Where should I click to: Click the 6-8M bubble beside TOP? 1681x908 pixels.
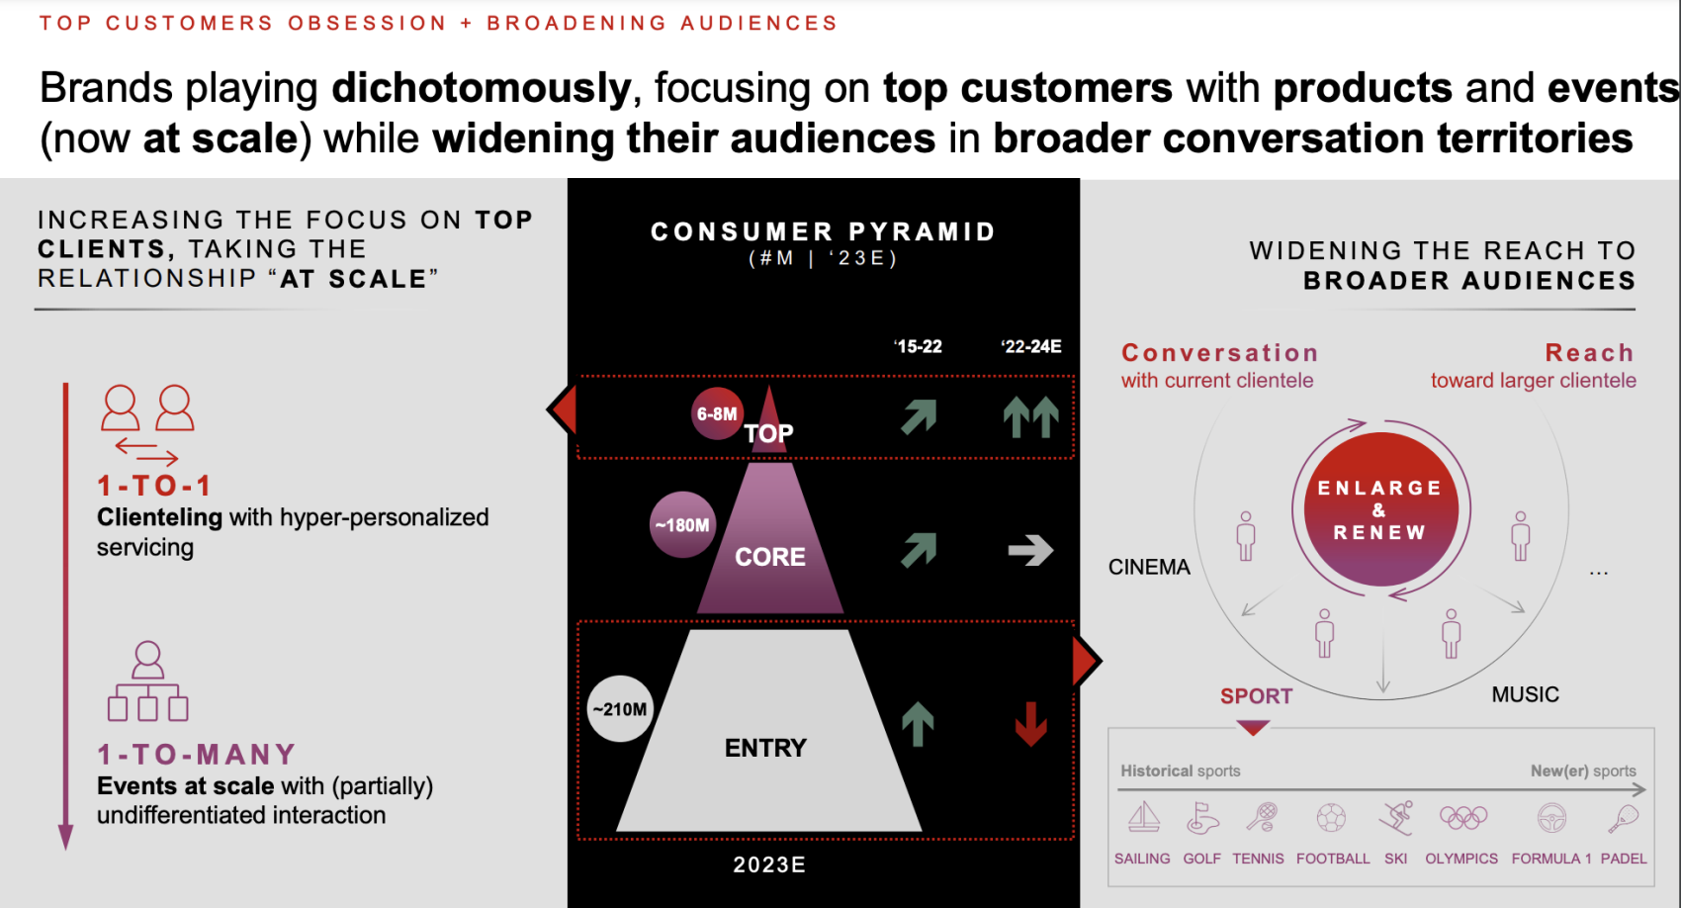pos(717,413)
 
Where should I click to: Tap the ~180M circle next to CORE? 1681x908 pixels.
pos(682,524)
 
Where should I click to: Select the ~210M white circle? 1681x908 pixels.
pos(620,709)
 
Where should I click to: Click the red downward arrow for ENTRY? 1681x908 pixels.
pos(1031,724)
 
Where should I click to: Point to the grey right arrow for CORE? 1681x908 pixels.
pos(1030,550)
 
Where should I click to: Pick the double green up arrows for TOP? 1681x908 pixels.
pos(1031,417)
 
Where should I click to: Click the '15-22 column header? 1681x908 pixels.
pos(918,347)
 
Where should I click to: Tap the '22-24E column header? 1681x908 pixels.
pos(1031,347)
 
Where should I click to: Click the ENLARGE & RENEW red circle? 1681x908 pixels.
pos(1380,509)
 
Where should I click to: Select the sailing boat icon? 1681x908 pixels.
pos(1144,818)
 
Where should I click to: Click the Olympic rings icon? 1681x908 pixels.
pos(1463,818)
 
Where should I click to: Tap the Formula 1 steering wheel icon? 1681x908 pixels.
pos(1551,818)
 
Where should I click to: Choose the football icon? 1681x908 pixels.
pos(1331,818)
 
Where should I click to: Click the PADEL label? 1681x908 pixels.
pos(1624,859)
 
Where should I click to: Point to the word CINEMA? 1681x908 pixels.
pos(1149,568)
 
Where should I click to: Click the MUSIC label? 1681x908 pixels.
pos(1525,695)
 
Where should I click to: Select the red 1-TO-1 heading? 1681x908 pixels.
pos(154,487)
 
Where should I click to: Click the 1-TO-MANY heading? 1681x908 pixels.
pos(197,754)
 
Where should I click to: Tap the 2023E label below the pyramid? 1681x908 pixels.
pos(769,865)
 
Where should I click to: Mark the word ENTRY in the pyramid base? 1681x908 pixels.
pos(765,748)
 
